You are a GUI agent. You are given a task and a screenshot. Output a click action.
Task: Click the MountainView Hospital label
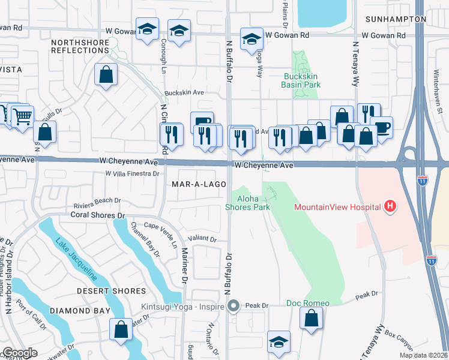click(337, 208)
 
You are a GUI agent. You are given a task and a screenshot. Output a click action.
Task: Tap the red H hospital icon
click(390, 207)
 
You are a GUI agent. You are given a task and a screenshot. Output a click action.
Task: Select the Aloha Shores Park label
click(247, 202)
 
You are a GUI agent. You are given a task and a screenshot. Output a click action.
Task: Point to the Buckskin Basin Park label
click(301, 80)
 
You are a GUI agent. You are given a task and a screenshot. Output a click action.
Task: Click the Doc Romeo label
click(307, 303)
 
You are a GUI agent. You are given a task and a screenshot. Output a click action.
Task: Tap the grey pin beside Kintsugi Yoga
click(234, 306)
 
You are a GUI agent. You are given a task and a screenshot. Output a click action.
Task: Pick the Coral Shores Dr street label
click(97, 214)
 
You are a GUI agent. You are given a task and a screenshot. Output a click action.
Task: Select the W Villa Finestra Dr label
click(131, 173)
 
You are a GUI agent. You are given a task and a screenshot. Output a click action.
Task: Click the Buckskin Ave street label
click(185, 93)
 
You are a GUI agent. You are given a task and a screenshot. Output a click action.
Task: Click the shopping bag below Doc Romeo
click(311, 318)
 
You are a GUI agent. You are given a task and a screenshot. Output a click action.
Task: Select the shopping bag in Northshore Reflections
click(106, 75)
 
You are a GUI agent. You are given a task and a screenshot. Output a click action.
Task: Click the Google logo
click(20, 353)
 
